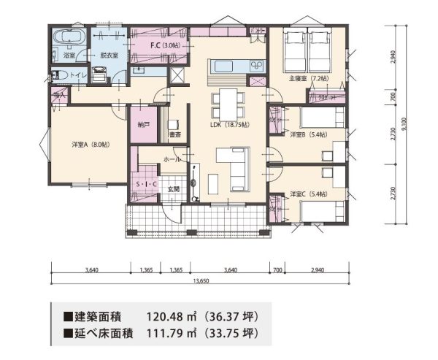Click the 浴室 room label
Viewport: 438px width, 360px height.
pyautogui.click(x=69, y=55)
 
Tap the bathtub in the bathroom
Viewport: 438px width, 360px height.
pyautogui.click(x=69, y=38)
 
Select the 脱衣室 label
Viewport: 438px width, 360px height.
pyautogui.click(x=110, y=55)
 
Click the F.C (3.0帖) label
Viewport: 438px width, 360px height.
pyautogui.click(x=165, y=46)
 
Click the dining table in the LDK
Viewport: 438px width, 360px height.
pyautogui.click(x=226, y=100)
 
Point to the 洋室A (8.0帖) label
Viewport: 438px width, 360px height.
pyautogui.click(x=91, y=145)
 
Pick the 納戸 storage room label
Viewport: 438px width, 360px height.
pyautogui.click(x=143, y=125)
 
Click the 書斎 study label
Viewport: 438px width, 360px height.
pyautogui.click(x=174, y=135)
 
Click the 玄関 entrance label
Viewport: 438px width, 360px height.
pyautogui.click(x=173, y=188)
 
